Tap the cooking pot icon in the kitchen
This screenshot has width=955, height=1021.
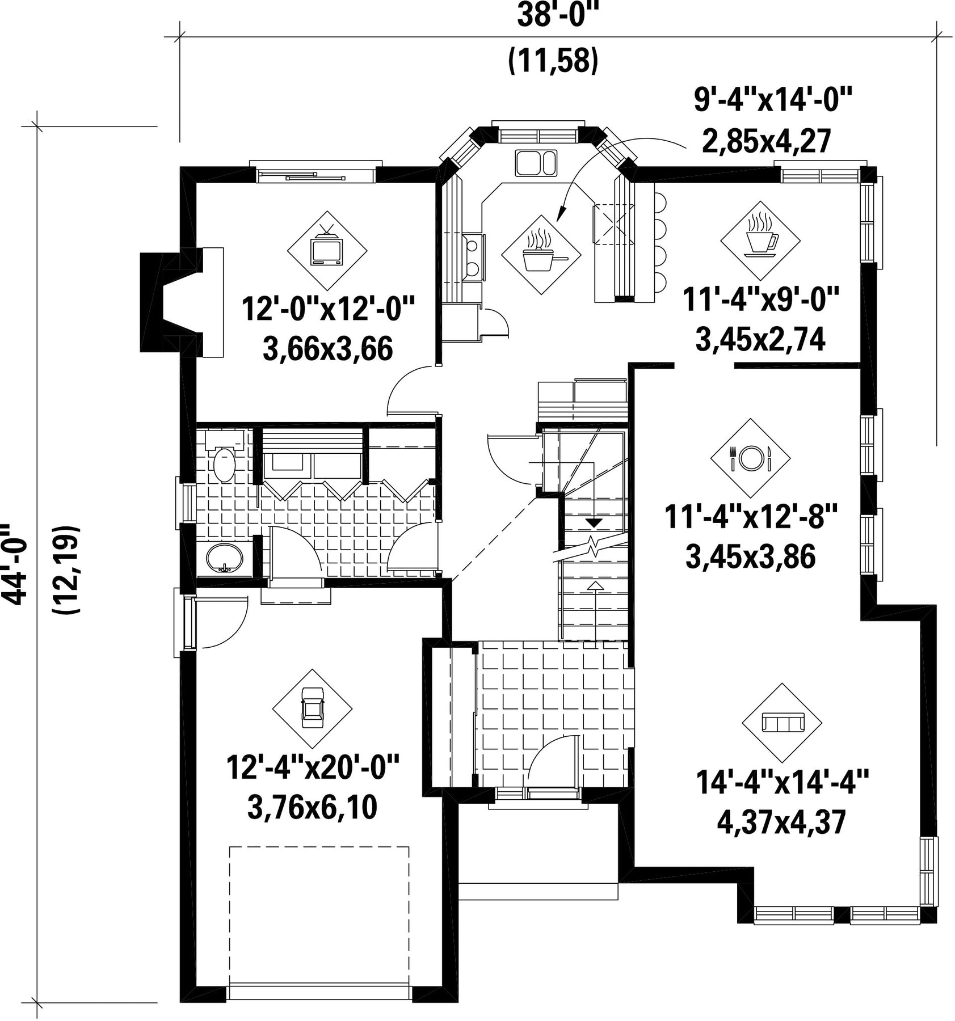tap(541, 254)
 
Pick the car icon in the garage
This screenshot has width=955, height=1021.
tap(312, 708)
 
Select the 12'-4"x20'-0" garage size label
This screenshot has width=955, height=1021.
tap(313, 767)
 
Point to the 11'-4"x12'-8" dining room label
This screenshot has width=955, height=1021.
tap(751, 517)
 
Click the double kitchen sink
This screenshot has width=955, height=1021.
tap(536, 163)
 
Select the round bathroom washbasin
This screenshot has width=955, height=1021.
tap(224, 558)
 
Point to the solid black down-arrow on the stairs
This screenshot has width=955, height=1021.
tap(594, 521)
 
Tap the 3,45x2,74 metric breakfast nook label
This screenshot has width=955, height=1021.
tap(760, 340)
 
